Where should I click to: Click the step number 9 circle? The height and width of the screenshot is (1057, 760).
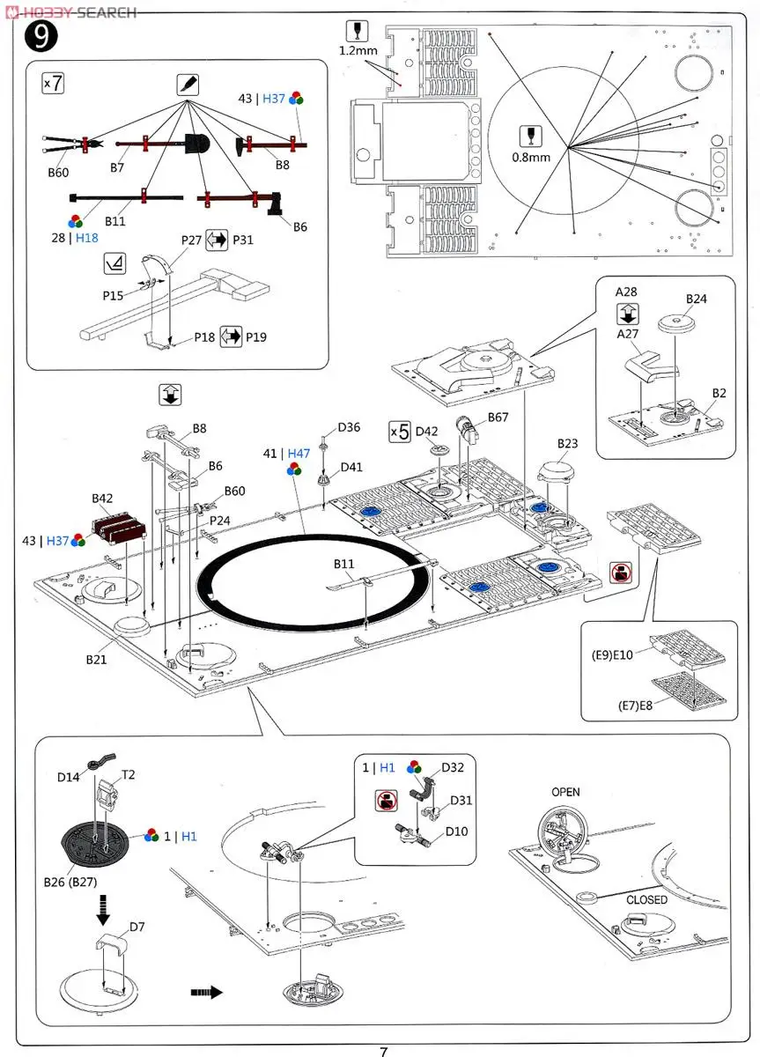(x=42, y=37)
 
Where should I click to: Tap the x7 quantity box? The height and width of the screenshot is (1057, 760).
(x=53, y=84)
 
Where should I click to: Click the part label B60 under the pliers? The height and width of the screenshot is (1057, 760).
(x=58, y=173)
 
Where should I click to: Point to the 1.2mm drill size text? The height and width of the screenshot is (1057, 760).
(x=358, y=51)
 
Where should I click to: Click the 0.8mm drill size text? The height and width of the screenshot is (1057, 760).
(x=530, y=158)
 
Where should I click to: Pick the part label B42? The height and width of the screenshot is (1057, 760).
(x=102, y=499)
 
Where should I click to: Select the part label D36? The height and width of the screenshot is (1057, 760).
(x=349, y=428)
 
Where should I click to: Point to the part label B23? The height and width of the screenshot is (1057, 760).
(x=568, y=443)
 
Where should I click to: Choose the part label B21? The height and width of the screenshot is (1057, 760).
(x=97, y=658)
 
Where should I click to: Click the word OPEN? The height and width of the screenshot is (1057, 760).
(x=565, y=792)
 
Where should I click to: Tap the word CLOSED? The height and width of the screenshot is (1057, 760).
(x=646, y=899)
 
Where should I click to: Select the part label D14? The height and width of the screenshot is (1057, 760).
(x=69, y=777)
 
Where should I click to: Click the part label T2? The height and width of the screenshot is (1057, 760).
(x=129, y=775)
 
